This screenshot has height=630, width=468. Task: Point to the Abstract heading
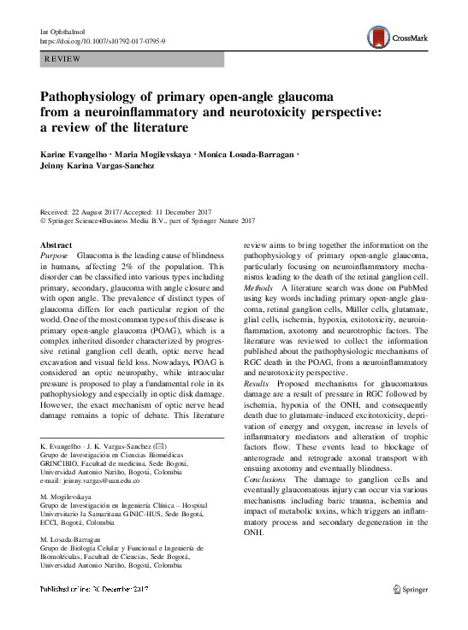pyautogui.click(x=57, y=245)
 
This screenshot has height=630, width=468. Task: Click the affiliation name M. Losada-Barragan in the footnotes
pyautogui.click(x=78, y=540)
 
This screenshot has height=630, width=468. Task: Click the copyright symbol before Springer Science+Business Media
pyautogui.click(x=44, y=221)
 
